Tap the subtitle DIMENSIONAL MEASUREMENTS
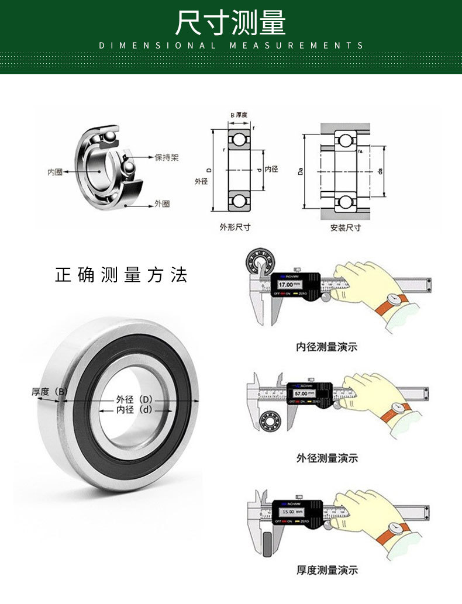pyautogui.click(x=231, y=46)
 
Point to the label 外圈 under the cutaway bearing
pyautogui.click(x=162, y=203)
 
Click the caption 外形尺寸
pyautogui.click(x=235, y=227)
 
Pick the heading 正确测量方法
pyautogui.click(x=122, y=275)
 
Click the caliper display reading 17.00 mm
pyautogui.click(x=288, y=285)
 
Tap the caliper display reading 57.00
pyautogui.click(x=301, y=394)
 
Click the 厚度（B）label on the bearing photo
pyautogui.click(x=50, y=392)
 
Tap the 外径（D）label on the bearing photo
pyautogui.click(x=134, y=399)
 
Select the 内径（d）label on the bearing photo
pyautogui.click(x=134, y=410)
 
